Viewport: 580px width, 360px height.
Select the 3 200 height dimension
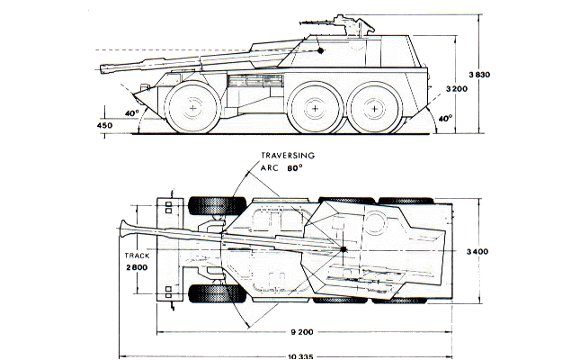(x=458, y=90)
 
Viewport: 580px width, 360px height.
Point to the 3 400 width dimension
(x=478, y=251)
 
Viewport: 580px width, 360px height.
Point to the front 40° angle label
(x=132, y=113)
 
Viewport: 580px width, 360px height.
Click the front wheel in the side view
(x=194, y=108)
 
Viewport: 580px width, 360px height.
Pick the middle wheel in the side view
(x=316, y=108)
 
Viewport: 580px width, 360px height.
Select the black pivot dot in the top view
(x=343, y=247)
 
